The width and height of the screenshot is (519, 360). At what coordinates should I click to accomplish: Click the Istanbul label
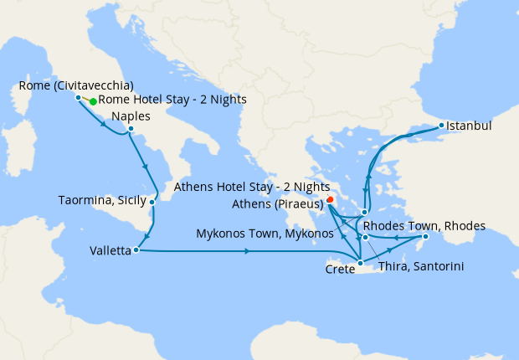pyautogui.click(x=469, y=126)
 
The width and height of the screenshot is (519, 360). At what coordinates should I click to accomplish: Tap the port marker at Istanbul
pyautogui.click(x=442, y=126)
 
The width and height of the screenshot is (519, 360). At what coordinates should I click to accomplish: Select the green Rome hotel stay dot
pyautogui.click(x=93, y=101)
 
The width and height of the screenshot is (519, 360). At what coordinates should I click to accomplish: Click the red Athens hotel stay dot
pyautogui.click(x=331, y=200)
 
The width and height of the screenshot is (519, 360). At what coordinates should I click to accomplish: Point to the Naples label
pyautogui.click(x=131, y=116)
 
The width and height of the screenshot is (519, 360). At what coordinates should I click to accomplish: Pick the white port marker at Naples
pyautogui.click(x=131, y=129)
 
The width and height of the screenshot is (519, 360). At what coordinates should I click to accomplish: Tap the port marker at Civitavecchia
pyautogui.click(x=79, y=98)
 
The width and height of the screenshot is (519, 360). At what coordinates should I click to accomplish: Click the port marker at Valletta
pyautogui.click(x=135, y=249)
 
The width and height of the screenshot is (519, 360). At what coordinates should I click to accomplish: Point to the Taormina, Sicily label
pyautogui.click(x=102, y=201)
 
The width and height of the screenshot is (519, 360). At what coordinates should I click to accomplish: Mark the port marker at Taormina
pyautogui.click(x=152, y=201)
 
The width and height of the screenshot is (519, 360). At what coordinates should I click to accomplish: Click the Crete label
pyautogui.click(x=340, y=270)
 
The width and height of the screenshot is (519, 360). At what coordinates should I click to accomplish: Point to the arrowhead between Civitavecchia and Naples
pyautogui.click(x=104, y=126)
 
